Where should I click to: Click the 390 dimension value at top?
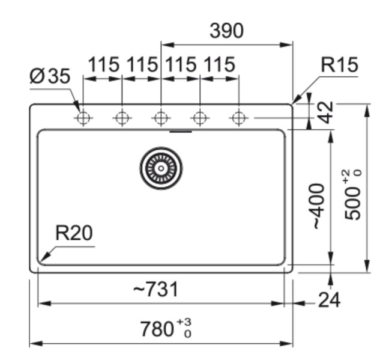click(226, 31)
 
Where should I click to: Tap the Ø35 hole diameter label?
click(50, 77)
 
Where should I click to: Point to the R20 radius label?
click(74, 233)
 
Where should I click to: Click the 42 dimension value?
click(325, 112)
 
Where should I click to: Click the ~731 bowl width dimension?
click(155, 290)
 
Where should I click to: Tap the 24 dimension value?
click(328, 299)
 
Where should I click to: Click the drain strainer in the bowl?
click(161, 168)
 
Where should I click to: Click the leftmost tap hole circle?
click(83, 118)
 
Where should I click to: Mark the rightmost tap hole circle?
click(239, 118)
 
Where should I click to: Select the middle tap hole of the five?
click(161, 118)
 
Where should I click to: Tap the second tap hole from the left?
click(122, 118)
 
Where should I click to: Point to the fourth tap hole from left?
click(200, 118)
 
